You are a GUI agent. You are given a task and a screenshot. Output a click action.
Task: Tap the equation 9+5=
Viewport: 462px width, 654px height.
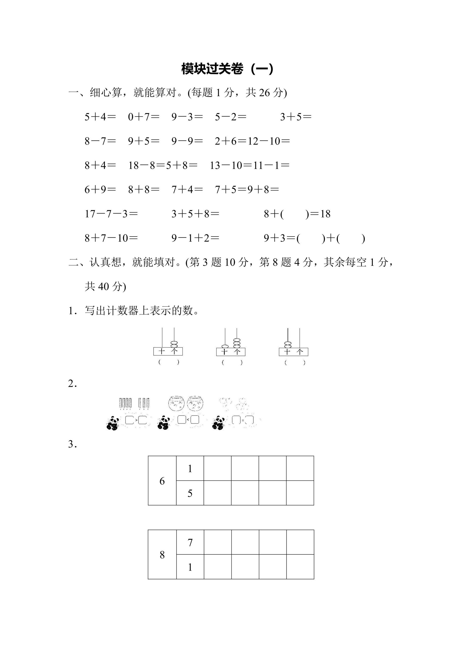click(143, 141)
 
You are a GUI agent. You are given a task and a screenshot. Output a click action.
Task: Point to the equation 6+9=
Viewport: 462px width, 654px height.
click(100, 190)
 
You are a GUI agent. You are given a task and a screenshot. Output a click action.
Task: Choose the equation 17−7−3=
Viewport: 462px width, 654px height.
click(111, 214)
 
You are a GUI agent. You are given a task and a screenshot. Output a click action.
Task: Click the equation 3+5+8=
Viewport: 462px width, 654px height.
click(195, 214)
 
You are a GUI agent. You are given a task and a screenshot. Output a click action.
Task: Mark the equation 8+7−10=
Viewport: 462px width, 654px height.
click(111, 238)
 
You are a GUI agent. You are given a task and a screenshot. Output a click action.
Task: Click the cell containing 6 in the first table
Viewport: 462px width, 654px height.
click(162, 481)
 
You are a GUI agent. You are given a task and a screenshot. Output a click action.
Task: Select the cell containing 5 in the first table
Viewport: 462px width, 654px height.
click(190, 494)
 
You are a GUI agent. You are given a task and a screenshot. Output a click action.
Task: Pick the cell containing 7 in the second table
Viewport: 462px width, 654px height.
click(190, 543)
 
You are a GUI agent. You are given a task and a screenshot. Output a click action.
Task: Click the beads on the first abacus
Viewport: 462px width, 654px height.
click(174, 344)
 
